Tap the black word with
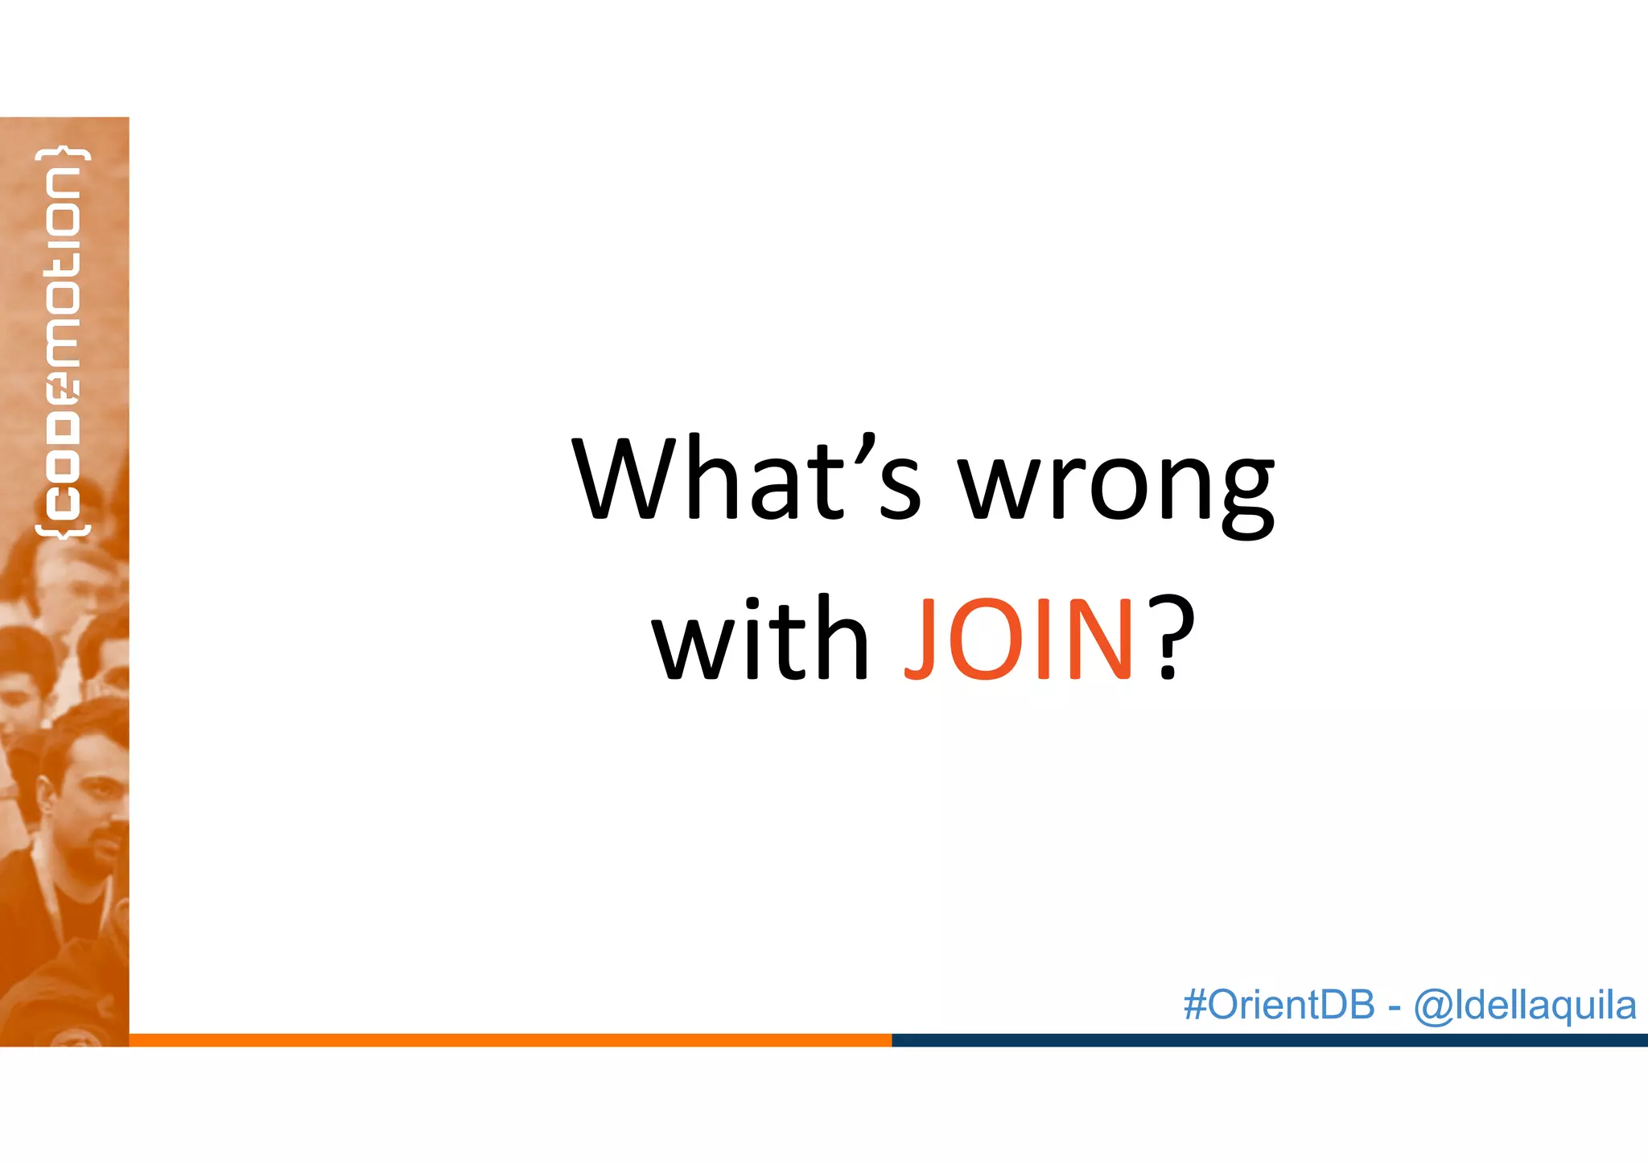click(x=761, y=639)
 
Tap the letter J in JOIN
click(x=921, y=640)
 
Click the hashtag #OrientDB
click(x=1279, y=1005)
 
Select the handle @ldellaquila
click(x=1525, y=1006)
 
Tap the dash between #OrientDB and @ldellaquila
click(x=1395, y=1007)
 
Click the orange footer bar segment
click(x=510, y=1040)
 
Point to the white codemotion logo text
click(x=63, y=342)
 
